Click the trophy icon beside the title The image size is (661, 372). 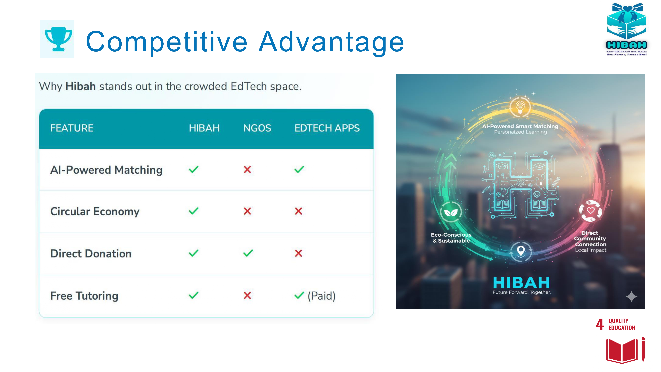tap(58, 39)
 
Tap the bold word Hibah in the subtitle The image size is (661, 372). tap(81, 86)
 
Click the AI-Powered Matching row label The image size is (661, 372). tap(106, 170)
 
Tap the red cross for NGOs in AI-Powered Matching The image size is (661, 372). tap(247, 169)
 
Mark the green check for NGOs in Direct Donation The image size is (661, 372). tap(248, 253)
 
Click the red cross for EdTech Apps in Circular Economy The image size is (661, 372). tap(298, 211)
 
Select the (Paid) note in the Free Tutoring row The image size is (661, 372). tap(321, 296)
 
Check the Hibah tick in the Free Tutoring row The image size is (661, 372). tap(194, 295)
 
